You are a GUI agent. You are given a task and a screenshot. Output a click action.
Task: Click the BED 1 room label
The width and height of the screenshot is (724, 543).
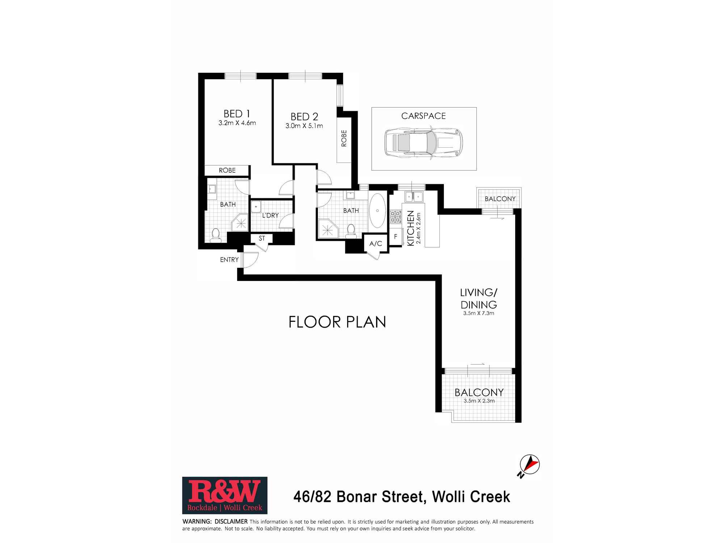[x=237, y=114]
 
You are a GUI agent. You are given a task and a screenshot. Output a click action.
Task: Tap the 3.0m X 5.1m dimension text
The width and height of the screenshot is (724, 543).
[x=304, y=126]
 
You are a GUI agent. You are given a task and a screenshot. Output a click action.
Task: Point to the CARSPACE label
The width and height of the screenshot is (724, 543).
[x=423, y=116]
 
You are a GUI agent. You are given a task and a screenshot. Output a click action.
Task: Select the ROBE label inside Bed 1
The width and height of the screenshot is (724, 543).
[x=227, y=170]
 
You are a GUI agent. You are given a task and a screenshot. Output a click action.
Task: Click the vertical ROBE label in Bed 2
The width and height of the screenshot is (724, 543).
[x=344, y=138]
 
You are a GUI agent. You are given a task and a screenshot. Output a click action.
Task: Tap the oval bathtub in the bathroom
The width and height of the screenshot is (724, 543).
[x=378, y=211]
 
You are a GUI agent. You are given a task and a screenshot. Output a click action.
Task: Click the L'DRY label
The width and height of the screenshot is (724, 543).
[x=270, y=215]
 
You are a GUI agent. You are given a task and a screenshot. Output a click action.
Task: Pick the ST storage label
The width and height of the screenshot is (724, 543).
[x=262, y=239]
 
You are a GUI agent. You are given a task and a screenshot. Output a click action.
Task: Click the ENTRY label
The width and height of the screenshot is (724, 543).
[x=229, y=260]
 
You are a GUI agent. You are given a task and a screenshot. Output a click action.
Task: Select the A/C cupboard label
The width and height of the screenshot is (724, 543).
[x=375, y=244]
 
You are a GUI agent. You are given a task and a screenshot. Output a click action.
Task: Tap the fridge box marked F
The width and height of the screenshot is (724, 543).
[x=396, y=236]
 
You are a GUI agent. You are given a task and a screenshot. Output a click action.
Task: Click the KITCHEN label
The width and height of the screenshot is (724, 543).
[x=411, y=228]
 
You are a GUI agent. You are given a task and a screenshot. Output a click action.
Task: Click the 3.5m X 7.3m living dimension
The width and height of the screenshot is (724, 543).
[x=478, y=313]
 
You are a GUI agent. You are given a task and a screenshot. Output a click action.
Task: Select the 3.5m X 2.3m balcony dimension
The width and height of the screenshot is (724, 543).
[x=479, y=401]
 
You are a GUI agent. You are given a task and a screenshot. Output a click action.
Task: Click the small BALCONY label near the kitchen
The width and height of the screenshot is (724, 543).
[x=500, y=199]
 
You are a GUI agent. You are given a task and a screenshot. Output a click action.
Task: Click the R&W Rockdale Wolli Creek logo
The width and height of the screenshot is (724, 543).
[x=224, y=495]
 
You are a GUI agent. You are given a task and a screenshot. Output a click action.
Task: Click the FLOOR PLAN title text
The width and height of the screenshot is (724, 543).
[x=337, y=322]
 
